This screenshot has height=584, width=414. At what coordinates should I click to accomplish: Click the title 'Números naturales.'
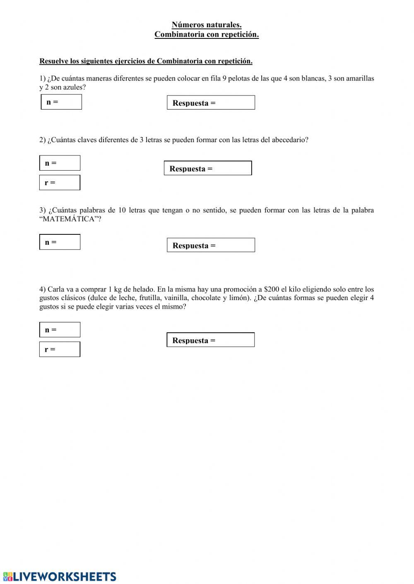[207, 25]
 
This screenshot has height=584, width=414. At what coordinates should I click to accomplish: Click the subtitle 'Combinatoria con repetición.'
[207, 35]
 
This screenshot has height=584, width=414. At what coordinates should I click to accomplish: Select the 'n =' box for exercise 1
[61, 102]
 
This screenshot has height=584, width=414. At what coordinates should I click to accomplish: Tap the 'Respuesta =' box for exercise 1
[211, 103]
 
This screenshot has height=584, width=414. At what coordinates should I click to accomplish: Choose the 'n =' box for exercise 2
[60, 163]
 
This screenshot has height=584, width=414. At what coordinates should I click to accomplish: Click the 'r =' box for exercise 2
[60, 183]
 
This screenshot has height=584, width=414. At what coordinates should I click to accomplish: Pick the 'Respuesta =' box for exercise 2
[208, 168]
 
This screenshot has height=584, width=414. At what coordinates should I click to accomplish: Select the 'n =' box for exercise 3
[60, 242]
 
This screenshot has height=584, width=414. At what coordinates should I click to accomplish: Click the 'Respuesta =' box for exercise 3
[211, 245]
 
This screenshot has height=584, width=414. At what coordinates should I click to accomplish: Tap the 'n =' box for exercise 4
[60, 330]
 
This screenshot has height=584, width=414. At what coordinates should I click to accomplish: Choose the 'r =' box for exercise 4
[60, 349]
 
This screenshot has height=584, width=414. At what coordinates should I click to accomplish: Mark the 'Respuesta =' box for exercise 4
[210, 340]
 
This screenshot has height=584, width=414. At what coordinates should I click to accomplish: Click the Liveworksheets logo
[60, 577]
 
